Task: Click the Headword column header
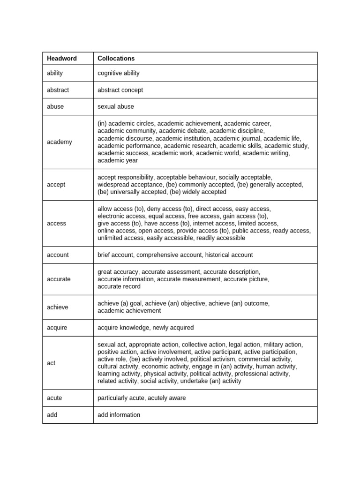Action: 62,59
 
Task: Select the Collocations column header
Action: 116,59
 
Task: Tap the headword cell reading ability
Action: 55,73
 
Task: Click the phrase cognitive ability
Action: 118,73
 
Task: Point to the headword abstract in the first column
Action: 58,90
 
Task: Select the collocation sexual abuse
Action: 115,106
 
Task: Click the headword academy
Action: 60,142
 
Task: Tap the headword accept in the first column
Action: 56,185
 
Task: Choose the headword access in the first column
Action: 57,224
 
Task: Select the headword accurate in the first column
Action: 59,279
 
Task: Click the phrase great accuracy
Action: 118,272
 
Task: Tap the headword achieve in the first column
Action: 58,307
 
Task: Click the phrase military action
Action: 283,345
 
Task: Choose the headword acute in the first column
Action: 54,398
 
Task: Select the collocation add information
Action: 119,415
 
